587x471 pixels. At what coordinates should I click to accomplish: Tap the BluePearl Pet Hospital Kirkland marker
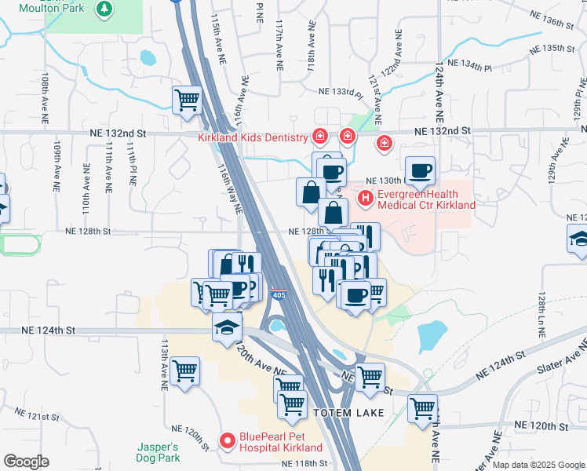(x=228, y=442)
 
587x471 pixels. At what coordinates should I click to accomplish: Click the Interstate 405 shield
(x=279, y=294)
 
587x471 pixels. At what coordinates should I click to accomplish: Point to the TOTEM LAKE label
(x=349, y=412)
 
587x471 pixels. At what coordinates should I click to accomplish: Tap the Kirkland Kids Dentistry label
(x=252, y=138)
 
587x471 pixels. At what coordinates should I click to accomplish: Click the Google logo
(x=26, y=462)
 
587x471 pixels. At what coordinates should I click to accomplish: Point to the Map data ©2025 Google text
(x=538, y=465)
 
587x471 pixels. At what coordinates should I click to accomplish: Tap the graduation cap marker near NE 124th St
(x=227, y=326)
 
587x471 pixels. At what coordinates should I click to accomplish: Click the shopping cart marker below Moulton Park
(x=187, y=100)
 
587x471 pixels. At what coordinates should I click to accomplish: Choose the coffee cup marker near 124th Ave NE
(x=420, y=170)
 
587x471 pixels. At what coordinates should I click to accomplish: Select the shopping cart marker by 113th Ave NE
(x=184, y=370)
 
